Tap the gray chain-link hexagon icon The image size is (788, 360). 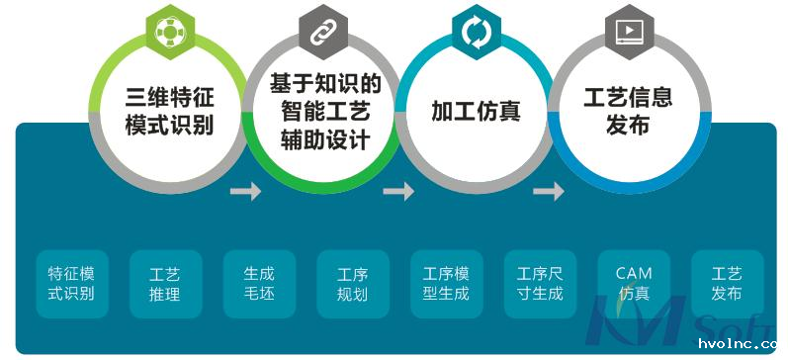(319, 32)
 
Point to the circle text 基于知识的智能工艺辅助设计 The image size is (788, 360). (319, 112)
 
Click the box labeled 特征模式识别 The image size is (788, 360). (72, 283)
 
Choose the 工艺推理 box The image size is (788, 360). (165, 283)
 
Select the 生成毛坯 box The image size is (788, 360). (258, 283)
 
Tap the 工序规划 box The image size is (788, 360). (352, 284)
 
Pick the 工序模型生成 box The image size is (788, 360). (446, 283)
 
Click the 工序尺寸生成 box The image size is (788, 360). (540, 283)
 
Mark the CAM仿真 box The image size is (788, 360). (634, 283)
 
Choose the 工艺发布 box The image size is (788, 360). (727, 283)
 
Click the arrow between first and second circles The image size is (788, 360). (245, 191)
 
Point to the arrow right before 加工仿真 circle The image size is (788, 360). (398, 191)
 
